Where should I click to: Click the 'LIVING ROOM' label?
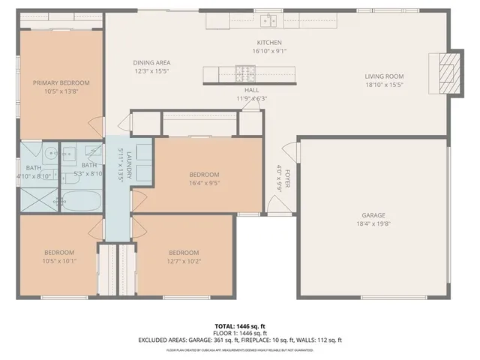(x=384, y=76)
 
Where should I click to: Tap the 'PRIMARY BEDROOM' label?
(x=61, y=82)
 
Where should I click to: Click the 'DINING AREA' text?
(x=152, y=62)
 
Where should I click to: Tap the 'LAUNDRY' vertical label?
(x=129, y=164)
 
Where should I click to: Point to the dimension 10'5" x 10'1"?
(x=59, y=261)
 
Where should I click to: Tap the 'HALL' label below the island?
(x=251, y=89)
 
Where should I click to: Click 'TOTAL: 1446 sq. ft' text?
(x=239, y=325)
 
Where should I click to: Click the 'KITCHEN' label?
(x=268, y=43)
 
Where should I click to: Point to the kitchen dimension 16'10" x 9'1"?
(x=268, y=52)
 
